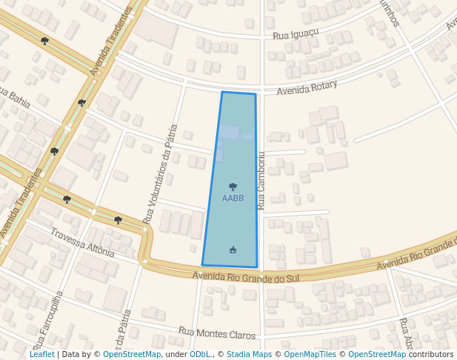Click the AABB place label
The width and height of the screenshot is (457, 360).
click(x=233, y=199)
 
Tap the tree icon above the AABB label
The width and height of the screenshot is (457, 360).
click(x=233, y=187)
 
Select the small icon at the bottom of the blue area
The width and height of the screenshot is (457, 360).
click(x=233, y=250)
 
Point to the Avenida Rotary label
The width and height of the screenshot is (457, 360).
click(x=307, y=88)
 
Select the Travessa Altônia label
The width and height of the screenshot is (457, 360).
click(x=82, y=242)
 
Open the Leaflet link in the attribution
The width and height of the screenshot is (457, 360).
click(x=42, y=354)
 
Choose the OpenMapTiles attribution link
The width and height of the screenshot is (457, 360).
click(x=310, y=354)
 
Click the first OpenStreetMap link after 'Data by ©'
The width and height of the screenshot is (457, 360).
click(x=132, y=354)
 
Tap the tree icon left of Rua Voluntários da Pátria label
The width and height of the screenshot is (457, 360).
click(x=118, y=220)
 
